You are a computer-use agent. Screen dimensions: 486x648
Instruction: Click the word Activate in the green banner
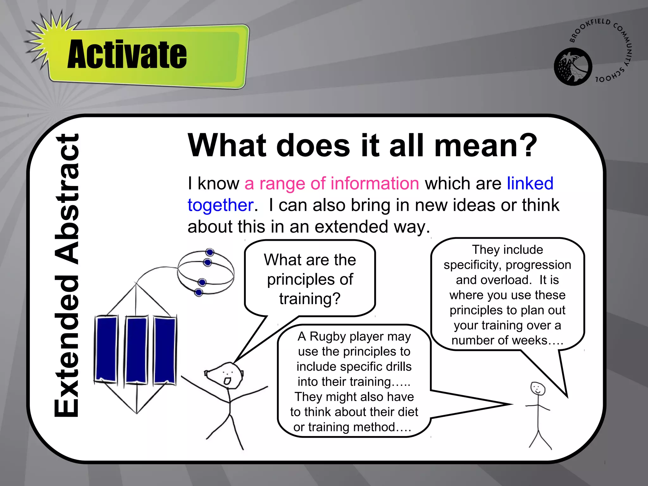(x=127, y=54)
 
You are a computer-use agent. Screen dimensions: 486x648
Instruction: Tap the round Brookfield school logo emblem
(x=573, y=67)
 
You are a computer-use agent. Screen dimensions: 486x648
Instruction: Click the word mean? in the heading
(x=486, y=146)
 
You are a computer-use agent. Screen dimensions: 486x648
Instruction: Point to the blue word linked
(x=530, y=184)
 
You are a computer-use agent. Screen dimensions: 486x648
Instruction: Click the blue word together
(x=221, y=205)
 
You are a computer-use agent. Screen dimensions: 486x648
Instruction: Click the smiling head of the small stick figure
(x=538, y=389)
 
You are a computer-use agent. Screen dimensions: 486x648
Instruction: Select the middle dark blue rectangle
(x=136, y=350)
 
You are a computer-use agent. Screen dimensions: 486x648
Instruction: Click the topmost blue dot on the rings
(x=210, y=252)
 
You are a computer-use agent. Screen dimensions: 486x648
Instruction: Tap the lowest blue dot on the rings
(x=199, y=292)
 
